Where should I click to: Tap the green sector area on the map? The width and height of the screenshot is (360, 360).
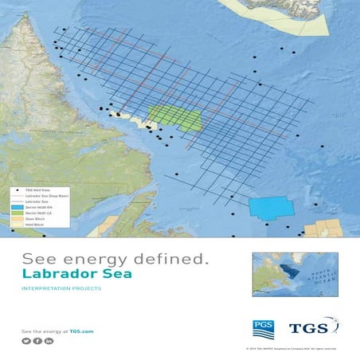pyautogui.click(x=174, y=119)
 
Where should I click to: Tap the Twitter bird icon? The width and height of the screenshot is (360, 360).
pyautogui.click(x=26, y=341)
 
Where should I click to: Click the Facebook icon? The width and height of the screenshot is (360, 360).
pyautogui.click(x=37, y=341)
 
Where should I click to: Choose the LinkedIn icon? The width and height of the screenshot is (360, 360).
pyautogui.click(x=49, y=341)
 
